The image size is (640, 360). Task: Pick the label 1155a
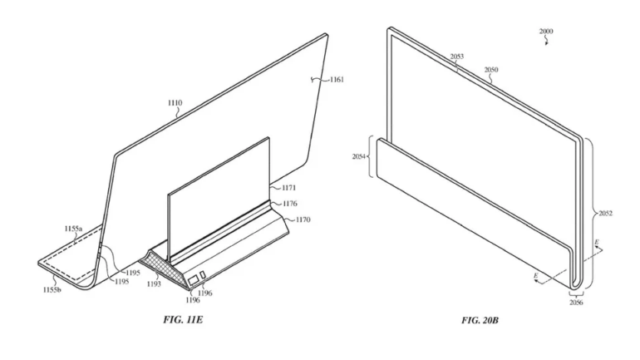(x=73, y=228)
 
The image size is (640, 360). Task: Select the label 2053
(x=457, y=57)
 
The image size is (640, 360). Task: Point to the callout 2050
(x=492, y=72)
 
